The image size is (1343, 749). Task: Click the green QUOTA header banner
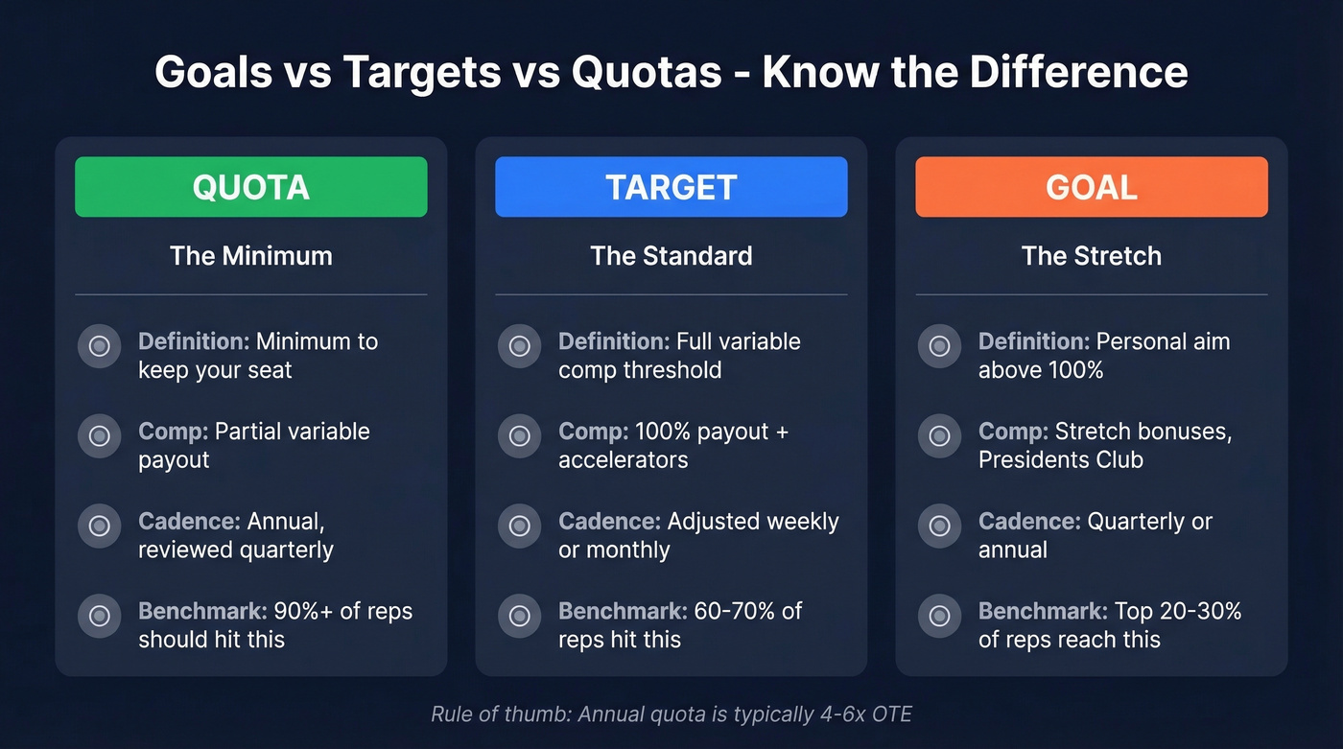pos(250,187)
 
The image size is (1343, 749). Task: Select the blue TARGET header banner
pos(671,187)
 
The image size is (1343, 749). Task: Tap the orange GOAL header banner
pos(1091,187)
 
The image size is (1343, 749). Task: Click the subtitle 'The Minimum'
pos(250,256)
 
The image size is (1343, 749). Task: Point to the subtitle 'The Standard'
pos(671,256)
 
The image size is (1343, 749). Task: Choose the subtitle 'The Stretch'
pos(1091,256)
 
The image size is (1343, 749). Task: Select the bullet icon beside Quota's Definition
pos(99,346)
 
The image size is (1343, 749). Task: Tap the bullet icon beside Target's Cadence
pos(519,527)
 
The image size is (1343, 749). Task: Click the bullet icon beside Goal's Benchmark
pos(939,616)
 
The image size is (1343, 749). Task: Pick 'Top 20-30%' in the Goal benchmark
pos(1177,611)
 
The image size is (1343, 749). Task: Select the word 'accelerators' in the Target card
pos(623,460)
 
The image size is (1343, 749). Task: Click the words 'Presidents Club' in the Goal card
pos(1060,460)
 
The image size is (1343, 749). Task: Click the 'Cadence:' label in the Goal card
pos(1028,522)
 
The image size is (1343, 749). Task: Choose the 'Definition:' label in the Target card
pos(614,341)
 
